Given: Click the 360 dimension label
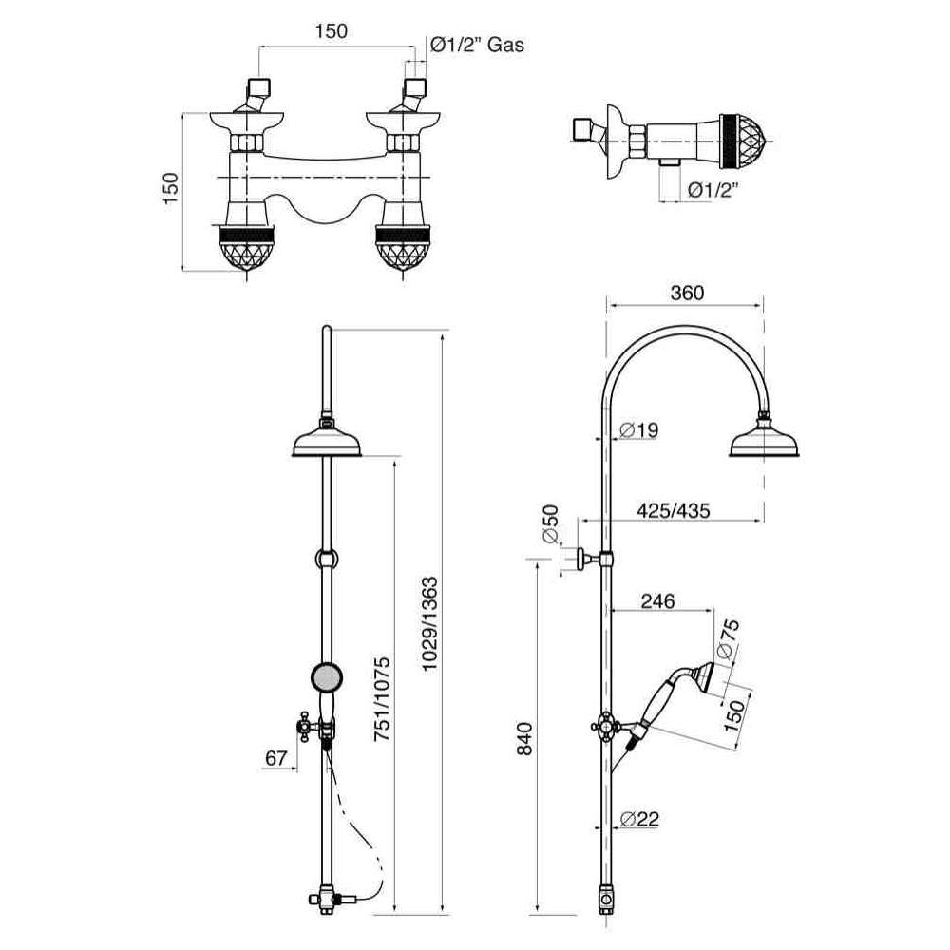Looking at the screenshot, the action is (x=687, y=294).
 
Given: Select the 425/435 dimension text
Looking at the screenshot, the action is (x=674, y=510).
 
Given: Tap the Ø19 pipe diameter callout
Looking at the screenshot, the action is (x=639, y=430).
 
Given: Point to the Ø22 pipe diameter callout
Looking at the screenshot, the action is (x=639, y=819).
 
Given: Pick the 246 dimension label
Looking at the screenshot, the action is (x=657, y=601).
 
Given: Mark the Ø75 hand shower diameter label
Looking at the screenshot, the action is (x=727, y=638).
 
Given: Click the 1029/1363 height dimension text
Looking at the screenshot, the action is (x=429, y=623).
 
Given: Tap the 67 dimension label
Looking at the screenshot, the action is (x=275, y=757).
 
